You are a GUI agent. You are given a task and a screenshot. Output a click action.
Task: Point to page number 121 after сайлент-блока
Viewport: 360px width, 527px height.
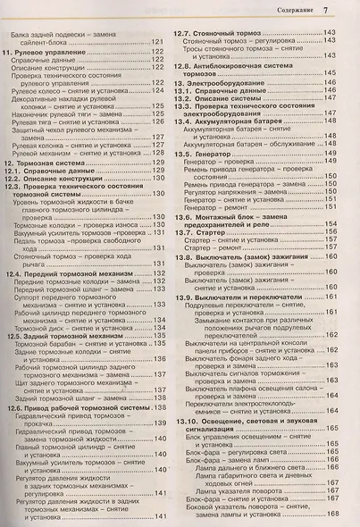157,42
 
